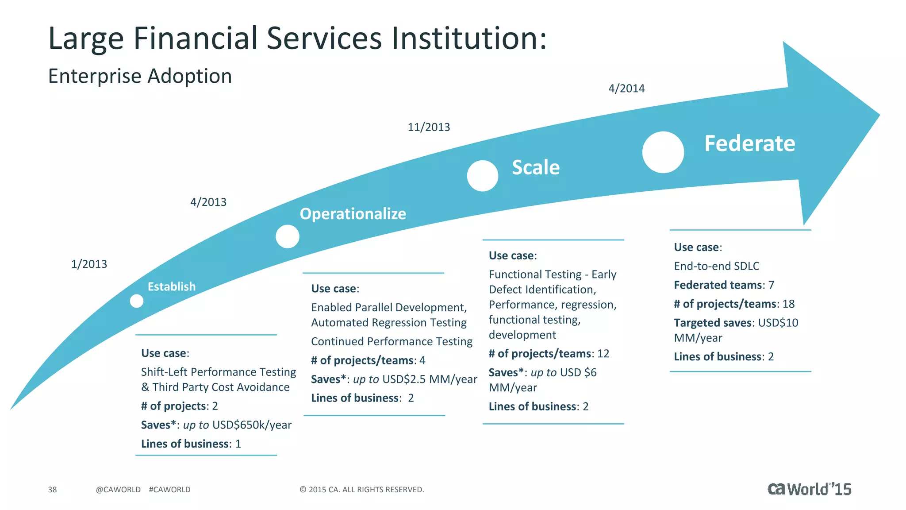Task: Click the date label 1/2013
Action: pyautogui.click(x=89, y=264)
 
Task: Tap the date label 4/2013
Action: pyautogui.click(x=208, y=202)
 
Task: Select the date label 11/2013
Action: pyautogui.click(x=428, y=127)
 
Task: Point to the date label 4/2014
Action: pyautogui.click(x=626, y=89)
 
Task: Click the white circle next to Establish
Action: pyautogui.click(x=137, y=301)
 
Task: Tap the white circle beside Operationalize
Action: pyautogui.click(x=288, y=236)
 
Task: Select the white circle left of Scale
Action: pyautogui.click(x=482, y=176)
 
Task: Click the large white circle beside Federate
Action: pyautogui.click(x=663, y=152)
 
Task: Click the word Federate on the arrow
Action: pyautogui.click(x=749, y=143)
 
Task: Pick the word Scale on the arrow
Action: pyautogui.click(x=535, y=167)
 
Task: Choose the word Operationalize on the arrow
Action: pyautogui.click(x=353, y=214)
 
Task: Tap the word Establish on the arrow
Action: pyautogui.click(x=171, y=287)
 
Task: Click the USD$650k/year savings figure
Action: pyautogui.click(x=252, y=425)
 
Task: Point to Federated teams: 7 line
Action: pyautogui.click(x=724, y=285)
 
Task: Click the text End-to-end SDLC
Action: pyautogui.click(x=716, y=266)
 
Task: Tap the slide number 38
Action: pyautogui.click(x=52, y=490)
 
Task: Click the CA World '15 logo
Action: pyautogui.click(x=809, y=489)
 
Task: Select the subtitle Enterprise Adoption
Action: pyautogui.click(x=140, y=76)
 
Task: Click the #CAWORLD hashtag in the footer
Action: pyautogui.click(x=169, y=490)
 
